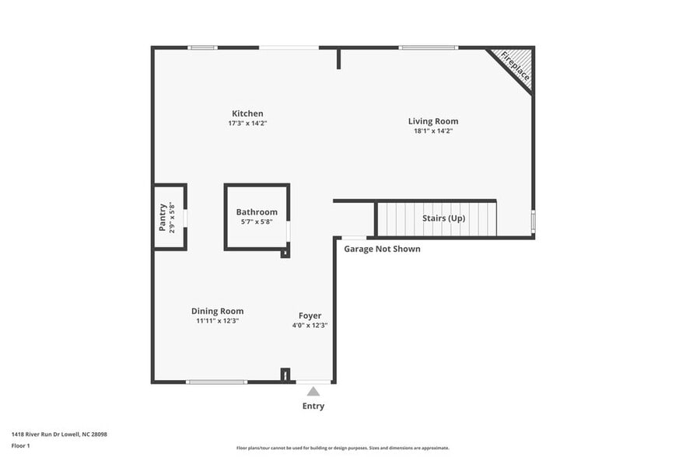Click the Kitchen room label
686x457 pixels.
pos(247,113)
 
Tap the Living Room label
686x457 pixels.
pos(433,121)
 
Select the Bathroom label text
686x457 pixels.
pos(257,212)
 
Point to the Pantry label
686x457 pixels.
pos(163,217)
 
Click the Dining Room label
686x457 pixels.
pos(217,311)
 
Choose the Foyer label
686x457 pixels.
pos(310,316)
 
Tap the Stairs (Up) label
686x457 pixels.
pos(443,218)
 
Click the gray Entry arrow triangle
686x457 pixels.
pos(313,392)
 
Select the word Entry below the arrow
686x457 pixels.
pos(313,406)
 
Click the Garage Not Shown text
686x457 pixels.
pos(382,249)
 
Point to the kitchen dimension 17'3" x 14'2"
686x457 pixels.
pos(247,124)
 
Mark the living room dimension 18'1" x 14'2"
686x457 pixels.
pos(433,131)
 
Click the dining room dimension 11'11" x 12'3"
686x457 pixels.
pos(217,321)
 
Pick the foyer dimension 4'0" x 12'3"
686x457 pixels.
pos(310,326)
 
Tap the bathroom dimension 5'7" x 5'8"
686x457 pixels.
pos(257,222)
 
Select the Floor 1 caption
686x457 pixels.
pos(21,445)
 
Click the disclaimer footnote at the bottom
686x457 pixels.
pos(342,448)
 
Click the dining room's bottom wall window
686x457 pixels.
pos(216,382)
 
